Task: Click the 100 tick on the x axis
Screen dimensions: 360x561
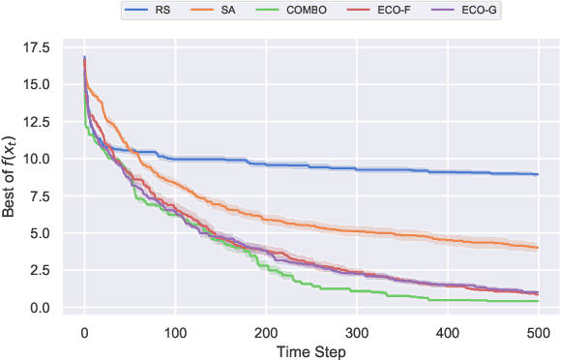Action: click(175, 334)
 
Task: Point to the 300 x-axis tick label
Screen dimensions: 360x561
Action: click(357, 334)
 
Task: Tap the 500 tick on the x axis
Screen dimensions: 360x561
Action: click(538, 334)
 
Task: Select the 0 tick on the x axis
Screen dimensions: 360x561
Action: click(84, 334)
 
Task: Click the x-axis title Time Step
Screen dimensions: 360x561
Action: click(310, 350)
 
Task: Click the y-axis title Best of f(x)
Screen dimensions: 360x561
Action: click(13, 176)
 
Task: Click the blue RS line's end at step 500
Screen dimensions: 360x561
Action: click(538, 174)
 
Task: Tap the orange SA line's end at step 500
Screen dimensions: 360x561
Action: click(538, 248)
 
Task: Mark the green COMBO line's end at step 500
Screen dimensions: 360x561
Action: click(538, 301)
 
